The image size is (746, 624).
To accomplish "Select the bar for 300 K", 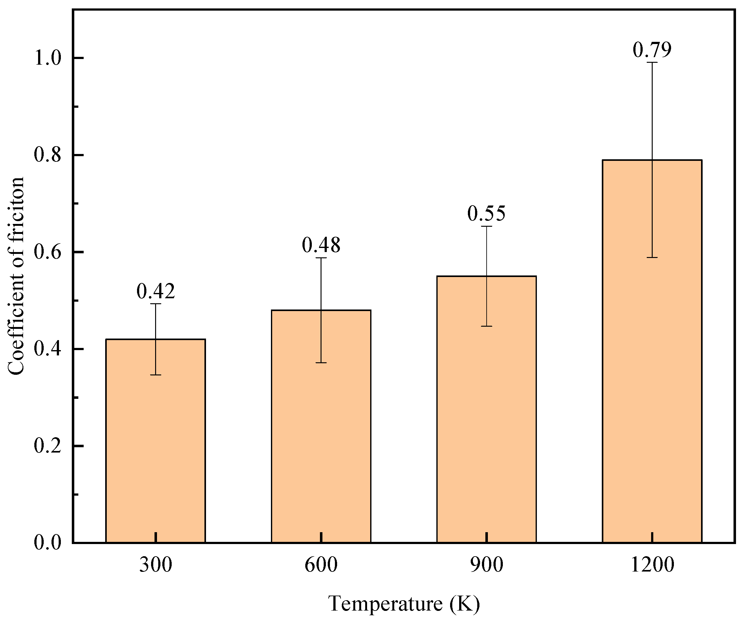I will pyautogui.click(x=155, y=441).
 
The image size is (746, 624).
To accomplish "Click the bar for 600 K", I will pyautogui.click(x=321, y=426).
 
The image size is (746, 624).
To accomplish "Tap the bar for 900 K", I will pyautogui.click(x=486, y=409).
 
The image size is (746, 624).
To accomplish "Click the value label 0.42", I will pyautogui.click(x=155, y=291).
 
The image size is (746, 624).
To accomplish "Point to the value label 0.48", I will pyautogui.click(x=321, y=245).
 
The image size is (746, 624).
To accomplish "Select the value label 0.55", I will pyautogui.click(x=486, y=213).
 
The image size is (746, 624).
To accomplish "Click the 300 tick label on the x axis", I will pyautogui.click(x=155, y=565).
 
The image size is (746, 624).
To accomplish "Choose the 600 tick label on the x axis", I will pyautogui.click(x=321, y=565).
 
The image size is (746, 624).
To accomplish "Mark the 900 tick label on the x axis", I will pyautogui.click(x=486, y=565).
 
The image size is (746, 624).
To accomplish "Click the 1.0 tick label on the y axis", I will pyautogui.click(x=48, y=58).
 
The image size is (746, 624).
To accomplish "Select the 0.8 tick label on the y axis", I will pyautogui.click(x=48, y=155).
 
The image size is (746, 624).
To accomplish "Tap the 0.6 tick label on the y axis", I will pyautogui.click(x=48, y=252).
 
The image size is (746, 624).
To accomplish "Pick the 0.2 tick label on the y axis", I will pyautogui.click(x=48, y=446).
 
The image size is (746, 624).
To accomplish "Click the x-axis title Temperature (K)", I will pyautogui.click(x=404, y=604).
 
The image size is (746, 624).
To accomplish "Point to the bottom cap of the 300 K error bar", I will pyautogui.click(x=155, y=375).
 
